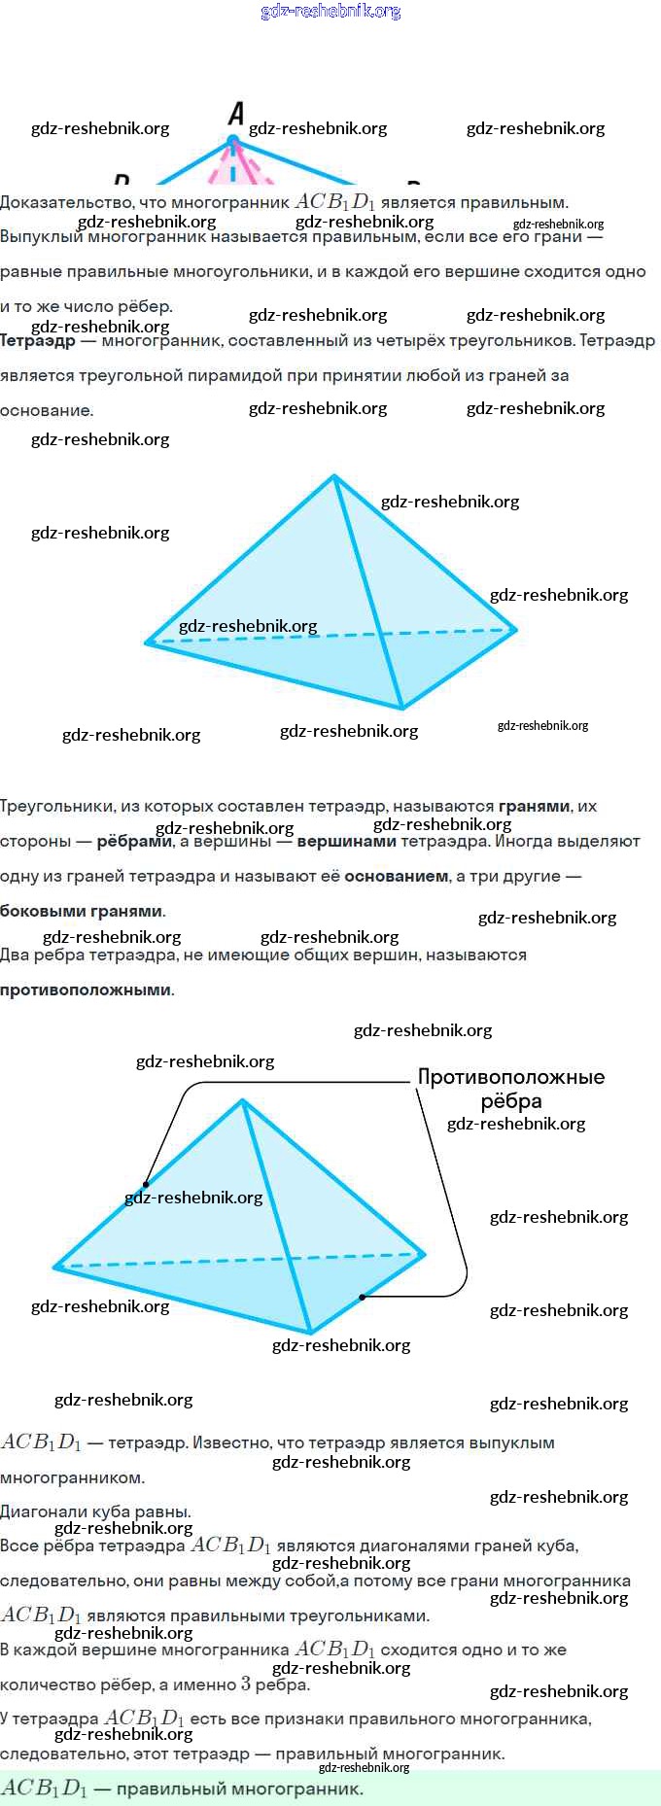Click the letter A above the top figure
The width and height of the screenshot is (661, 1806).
(236, 115)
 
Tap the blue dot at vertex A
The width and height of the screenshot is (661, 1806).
(233, 142)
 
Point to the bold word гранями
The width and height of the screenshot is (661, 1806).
(534, 806)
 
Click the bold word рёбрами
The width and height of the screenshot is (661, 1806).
(134, 841)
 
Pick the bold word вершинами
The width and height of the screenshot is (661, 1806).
(346, 841)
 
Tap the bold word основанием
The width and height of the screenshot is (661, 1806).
(397, 876)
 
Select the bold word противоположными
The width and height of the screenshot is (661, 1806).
(86, 990)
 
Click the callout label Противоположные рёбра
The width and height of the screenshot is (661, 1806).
(511, 1089)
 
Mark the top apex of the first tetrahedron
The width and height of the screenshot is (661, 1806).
(334, 476)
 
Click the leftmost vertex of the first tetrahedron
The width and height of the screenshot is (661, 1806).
(148, 642)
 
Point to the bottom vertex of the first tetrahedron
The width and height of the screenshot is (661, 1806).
(401, 708)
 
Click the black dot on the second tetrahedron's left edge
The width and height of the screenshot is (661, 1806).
(147, 1184)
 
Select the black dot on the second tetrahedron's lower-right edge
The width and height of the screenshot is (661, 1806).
(362, 1297)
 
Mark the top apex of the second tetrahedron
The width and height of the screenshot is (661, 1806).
(242, 1100)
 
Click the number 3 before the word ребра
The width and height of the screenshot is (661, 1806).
(246, 1683)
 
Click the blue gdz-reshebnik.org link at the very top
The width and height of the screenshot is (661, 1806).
(330, 11)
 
